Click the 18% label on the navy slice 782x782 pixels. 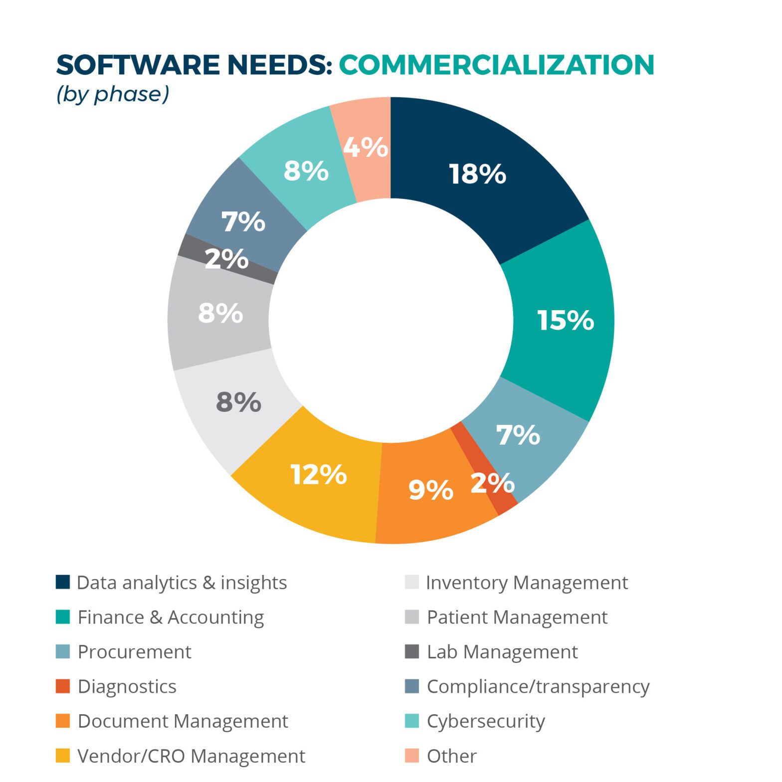(x=477, y=174)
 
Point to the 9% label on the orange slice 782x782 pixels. (x=430, y=490)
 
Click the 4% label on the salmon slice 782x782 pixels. (x=366, y=147)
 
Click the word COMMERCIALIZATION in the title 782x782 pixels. (x=496, y=65)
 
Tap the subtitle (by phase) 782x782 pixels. (x=113, y=94)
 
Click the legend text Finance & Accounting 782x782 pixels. (x=171, y=617)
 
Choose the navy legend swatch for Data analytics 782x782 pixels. (x=63, y=582)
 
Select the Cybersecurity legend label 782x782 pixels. (x=486, y=721)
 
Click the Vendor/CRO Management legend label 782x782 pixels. (x=191, y=756)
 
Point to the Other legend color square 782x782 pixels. (x=411, y=756)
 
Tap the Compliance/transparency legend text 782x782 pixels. (x=538, y=687)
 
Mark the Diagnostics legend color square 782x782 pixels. (x=63, y=686)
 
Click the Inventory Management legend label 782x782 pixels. (x=527, y=583)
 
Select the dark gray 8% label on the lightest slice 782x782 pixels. (x=238, y=402)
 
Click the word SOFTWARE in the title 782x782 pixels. (x=138, y=65)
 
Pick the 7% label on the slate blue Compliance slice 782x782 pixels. (x=243, y=221)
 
